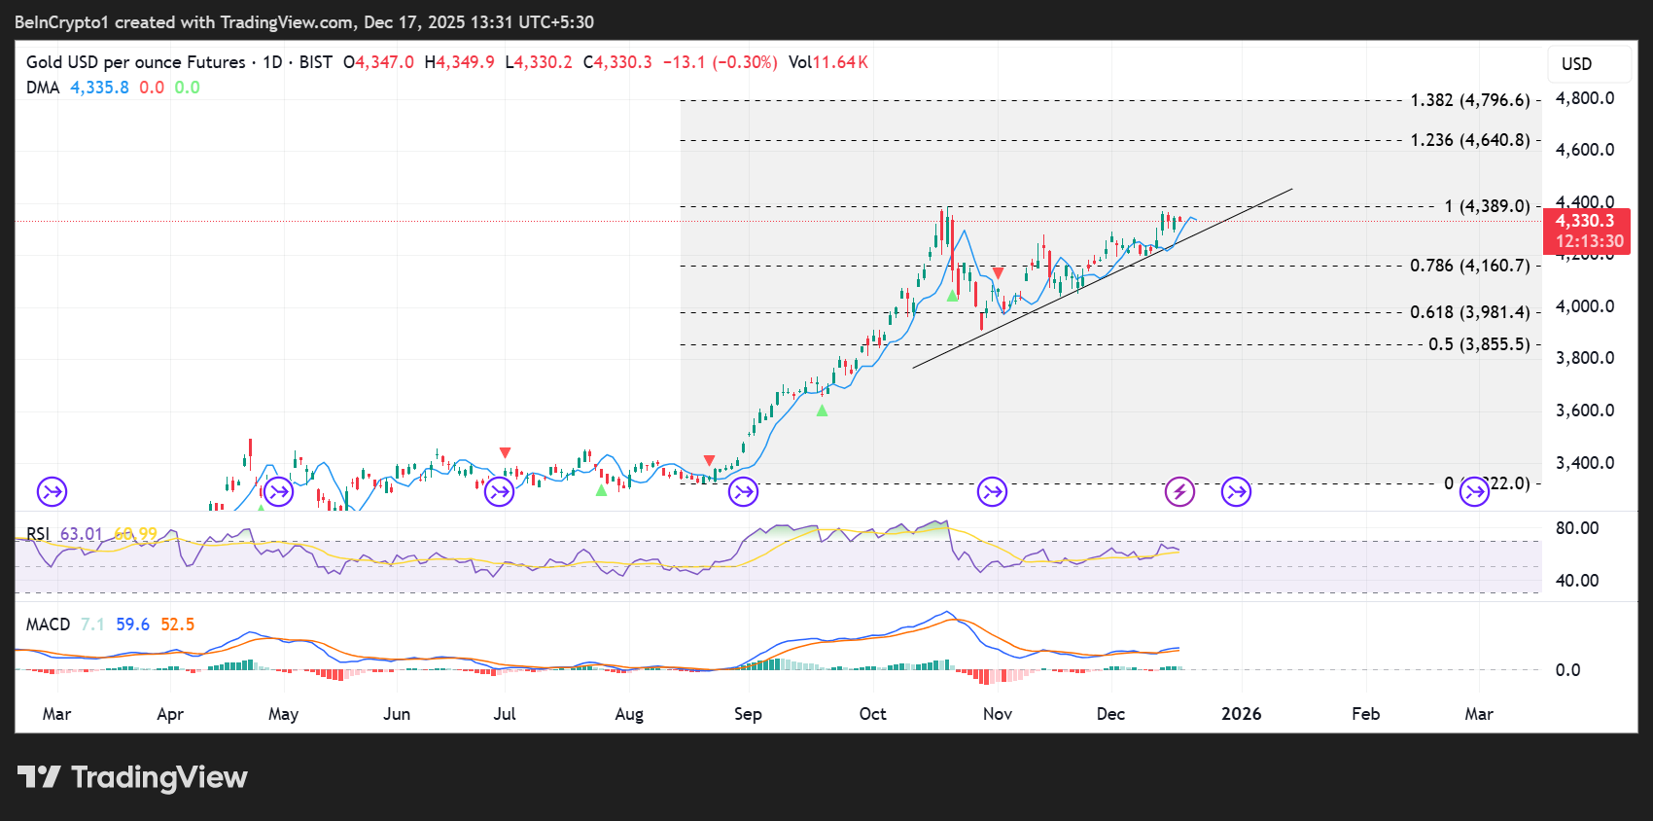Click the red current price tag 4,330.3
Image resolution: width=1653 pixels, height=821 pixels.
(x=1585, y=222)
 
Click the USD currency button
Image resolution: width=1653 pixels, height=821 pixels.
(x=1576, y=64)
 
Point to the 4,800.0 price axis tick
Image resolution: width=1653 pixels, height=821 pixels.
(x=1585, y=98)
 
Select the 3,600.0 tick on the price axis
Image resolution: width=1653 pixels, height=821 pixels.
(x=1585, y=410)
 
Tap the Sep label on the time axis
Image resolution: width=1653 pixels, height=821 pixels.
(x=748, y=714)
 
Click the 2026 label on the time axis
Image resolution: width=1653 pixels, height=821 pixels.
(x=1241, y=714)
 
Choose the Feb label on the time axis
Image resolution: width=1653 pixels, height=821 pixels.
(x=1365, y=714)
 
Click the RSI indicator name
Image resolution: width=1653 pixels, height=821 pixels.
(x=38, y=534)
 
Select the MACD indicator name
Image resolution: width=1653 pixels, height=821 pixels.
(x=48, y=625)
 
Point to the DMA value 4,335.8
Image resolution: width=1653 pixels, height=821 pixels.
(x=99, y=88)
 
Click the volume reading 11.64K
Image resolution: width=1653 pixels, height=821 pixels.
(x=840, y=62)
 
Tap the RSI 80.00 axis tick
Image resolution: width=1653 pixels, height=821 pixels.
(x=1576, y=528)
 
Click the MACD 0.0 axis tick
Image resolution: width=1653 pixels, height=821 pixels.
(x=1567, y=670)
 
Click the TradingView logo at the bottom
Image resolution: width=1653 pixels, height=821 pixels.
(x=132, y=777)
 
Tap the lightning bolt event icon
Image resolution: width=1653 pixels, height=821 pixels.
(x=1179, y=492)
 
